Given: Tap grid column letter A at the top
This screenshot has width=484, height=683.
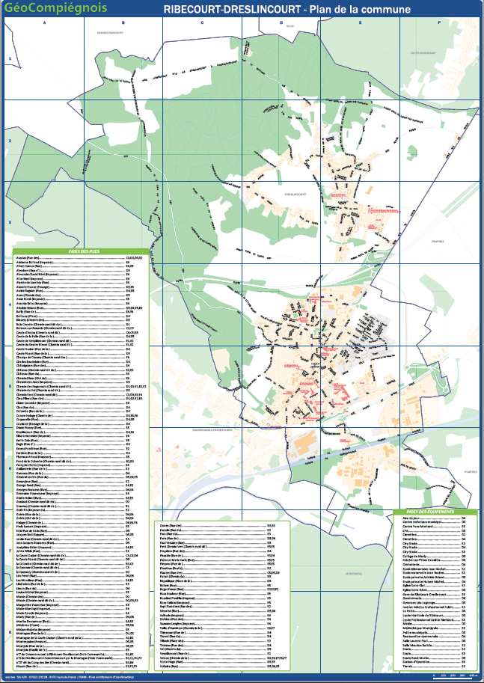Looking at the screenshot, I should [45, 22].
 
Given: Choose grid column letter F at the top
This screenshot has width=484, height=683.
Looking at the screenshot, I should [439, 22].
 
